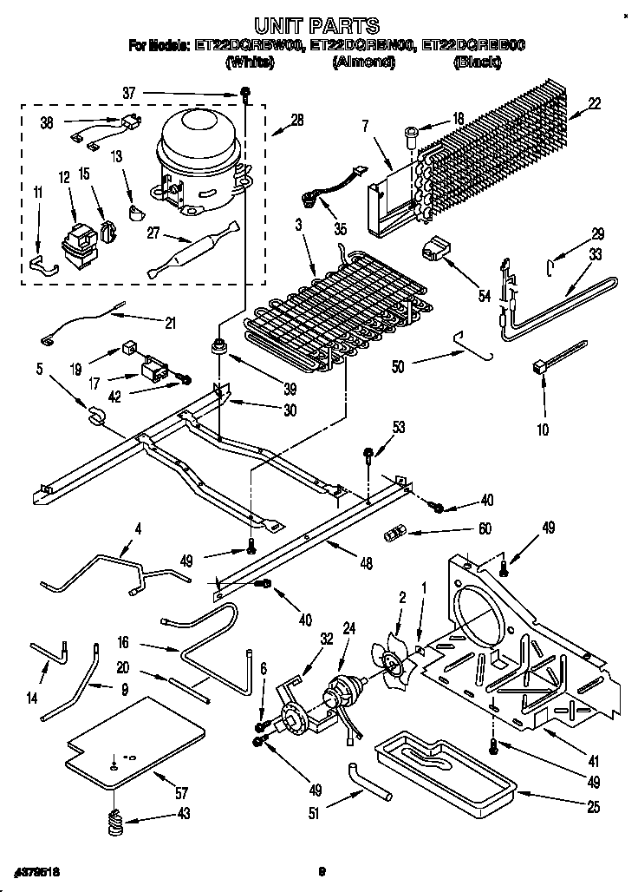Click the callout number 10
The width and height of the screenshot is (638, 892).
click(x=543, y=429)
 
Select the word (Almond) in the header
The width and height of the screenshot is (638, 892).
click(x=363, y=62)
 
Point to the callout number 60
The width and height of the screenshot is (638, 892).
click(x=485, y=530)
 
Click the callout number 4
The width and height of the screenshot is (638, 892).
click(x=137, y=528)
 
